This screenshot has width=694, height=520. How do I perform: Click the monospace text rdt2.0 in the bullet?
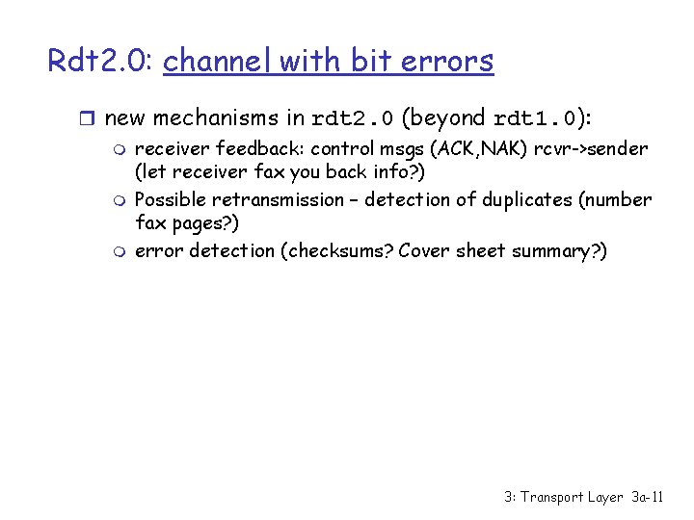353,119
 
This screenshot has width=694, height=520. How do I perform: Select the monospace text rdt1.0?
533,119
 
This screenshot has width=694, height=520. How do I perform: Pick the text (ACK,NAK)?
478,149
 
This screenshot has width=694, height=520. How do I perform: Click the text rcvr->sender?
598,149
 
